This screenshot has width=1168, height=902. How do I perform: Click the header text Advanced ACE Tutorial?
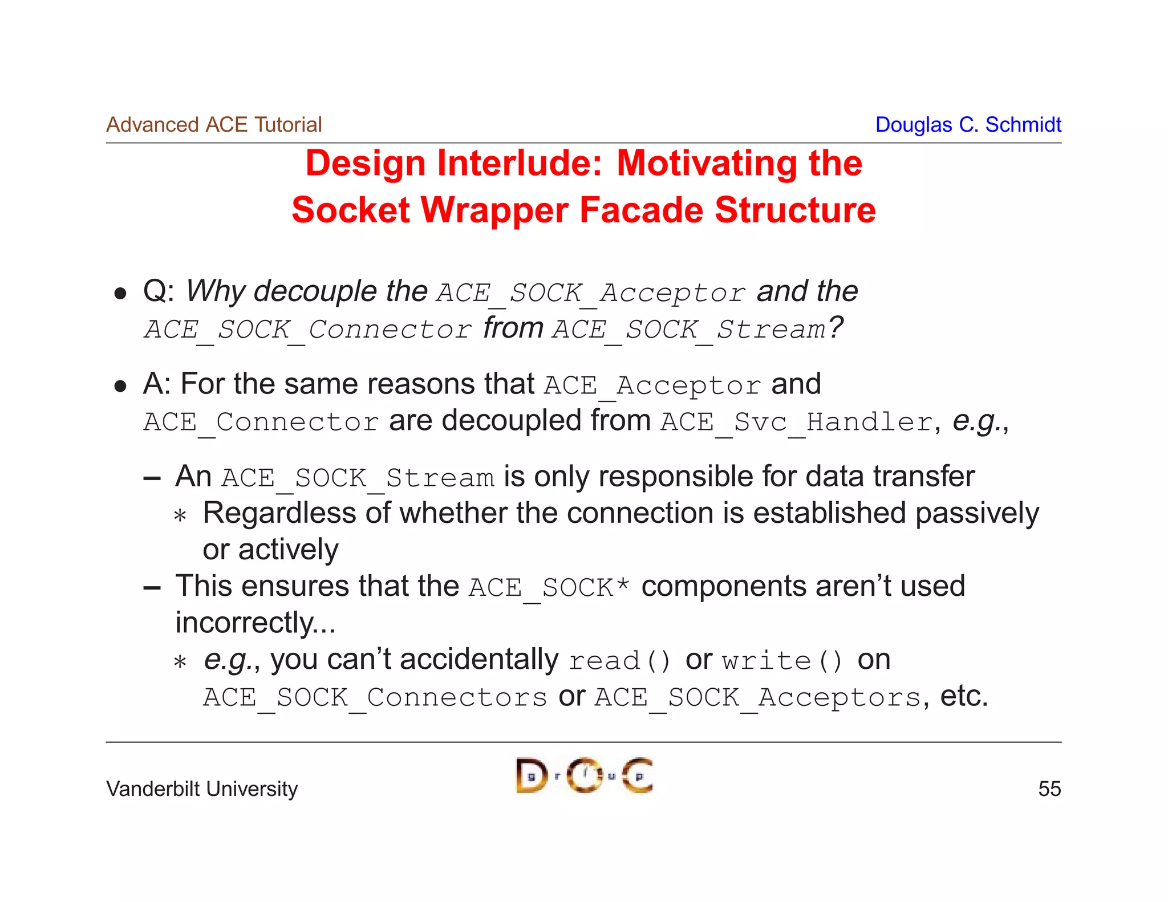(x=214, y=124)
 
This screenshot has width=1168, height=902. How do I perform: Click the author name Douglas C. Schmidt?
(x=968, y=124)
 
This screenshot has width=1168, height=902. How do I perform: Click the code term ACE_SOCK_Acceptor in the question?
(x=591, y=293)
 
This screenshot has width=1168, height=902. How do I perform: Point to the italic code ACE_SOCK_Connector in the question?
(x=308, y=330)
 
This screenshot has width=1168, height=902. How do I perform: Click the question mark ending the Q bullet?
(x=836, y=327)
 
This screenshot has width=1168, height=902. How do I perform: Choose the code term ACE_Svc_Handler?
(x=796, y=422)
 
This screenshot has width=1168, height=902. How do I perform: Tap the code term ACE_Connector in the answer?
(x=261, y=422)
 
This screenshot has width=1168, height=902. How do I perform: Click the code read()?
(x=620, y=661)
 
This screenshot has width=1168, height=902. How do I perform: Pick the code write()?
(x=782, y=661)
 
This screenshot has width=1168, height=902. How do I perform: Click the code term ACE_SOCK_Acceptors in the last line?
(x=758, y=697)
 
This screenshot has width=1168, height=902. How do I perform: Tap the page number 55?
(x=1049, y=789)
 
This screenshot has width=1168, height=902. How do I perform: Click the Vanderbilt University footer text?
(x=202, y=789)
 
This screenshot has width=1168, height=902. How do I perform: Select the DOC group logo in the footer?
(x=584, y=775)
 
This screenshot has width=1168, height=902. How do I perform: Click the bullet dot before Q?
(x=120, y=294)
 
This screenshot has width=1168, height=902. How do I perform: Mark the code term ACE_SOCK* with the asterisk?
(x=549, y=588)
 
